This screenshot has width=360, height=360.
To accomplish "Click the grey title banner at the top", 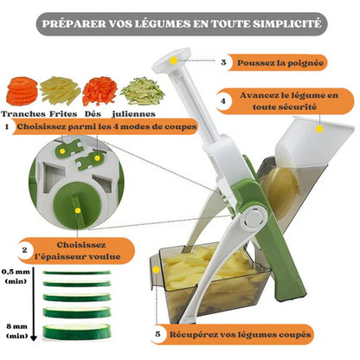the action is [182, 24].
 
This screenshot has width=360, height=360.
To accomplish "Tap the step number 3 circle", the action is [223, 62].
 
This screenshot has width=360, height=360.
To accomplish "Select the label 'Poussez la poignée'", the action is [280, 62].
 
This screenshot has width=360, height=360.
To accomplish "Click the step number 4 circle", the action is [223, 101].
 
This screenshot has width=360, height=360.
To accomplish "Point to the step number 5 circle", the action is [157, 334].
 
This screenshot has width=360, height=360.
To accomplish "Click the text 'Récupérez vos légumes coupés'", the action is [241, 335].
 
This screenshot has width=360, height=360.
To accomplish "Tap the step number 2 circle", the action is [24, 250].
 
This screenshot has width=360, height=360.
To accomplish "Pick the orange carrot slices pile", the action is [22, 91].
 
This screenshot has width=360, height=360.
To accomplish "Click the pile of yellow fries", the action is [61, 90].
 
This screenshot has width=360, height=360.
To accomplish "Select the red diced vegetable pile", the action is [100, 91].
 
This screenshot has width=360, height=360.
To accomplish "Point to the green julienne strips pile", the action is [143, 91].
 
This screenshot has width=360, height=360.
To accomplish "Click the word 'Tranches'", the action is [23, 114].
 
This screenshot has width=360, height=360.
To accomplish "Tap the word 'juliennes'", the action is [133, 114].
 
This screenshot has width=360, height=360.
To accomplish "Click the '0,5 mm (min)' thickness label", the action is [16, 276].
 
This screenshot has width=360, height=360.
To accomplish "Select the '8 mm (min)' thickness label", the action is [17, 331].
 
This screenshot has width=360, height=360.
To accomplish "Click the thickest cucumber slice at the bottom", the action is [77, 331].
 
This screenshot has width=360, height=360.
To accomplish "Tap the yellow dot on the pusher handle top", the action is [173, 61].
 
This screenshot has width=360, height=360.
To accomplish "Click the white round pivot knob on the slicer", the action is [254, 218].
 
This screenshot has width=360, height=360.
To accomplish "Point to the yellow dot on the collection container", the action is [156, 270].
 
